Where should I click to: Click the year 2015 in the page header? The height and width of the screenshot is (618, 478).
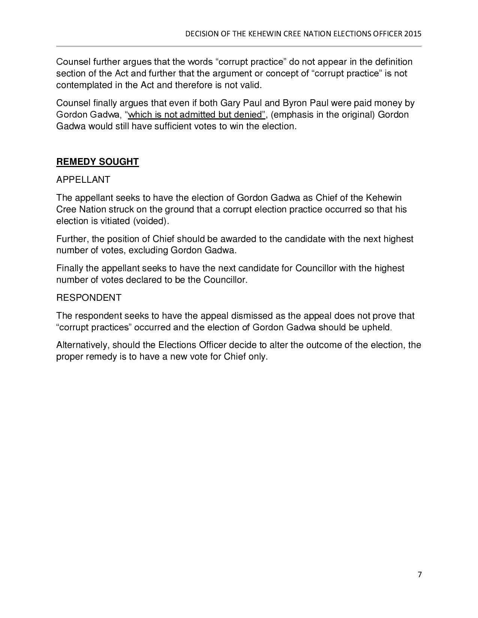pos(413,34)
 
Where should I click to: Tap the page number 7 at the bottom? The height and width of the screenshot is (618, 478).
pos(420,575)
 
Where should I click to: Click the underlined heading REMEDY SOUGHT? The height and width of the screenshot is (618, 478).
pos(97,162)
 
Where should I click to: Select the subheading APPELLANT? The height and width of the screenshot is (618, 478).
pos(83,180)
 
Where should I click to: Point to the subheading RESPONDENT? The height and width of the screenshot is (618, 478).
pos(88,298)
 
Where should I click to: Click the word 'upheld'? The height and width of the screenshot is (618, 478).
pos(376,327)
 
